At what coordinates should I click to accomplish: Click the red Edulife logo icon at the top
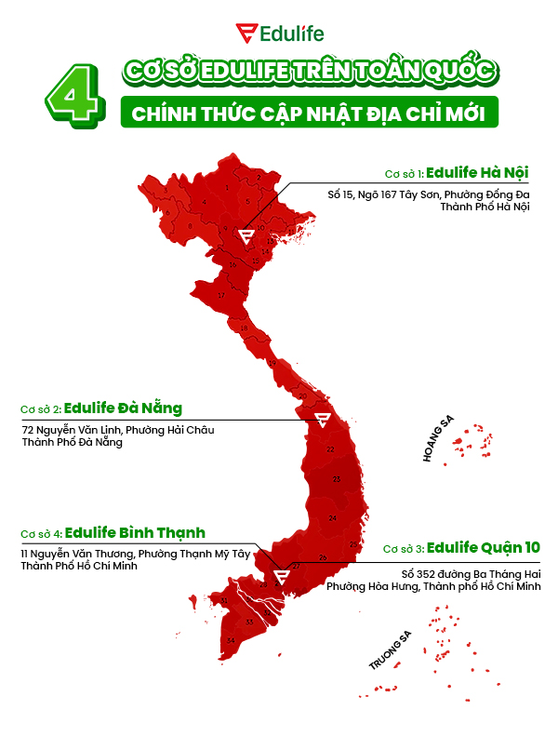click(247, 33)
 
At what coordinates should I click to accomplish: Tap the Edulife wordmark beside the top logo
click(291, 33)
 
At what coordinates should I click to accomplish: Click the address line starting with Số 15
click(428, 194)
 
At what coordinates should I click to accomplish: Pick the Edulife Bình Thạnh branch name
click(135, 533)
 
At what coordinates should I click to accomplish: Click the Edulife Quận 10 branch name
click(485, 547)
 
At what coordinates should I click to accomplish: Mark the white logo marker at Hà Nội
click(246, 235)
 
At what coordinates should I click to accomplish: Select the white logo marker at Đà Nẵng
click(322, 420)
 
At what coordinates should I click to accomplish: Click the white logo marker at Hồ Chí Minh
click(282, 575)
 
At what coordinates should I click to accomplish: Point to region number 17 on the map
click(221, 295)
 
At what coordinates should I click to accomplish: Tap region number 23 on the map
click(337, 479)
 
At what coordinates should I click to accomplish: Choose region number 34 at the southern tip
click(230, 640)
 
